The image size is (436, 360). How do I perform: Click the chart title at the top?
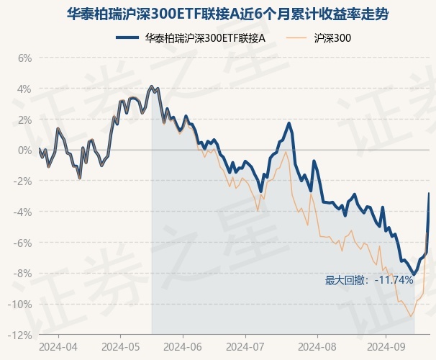(217, 14)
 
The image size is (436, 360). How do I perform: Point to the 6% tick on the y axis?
(24, 58)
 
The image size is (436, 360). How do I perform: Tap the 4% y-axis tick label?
(24, 89)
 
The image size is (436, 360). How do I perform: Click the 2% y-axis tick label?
(24, 120)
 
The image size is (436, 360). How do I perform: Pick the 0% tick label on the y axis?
(24, 150)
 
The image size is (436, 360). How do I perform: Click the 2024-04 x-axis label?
(58, 346)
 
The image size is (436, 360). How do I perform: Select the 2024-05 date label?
(120, 346)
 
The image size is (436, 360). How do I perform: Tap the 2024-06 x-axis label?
(183, 346)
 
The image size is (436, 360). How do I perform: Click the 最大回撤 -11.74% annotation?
(369, 279)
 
